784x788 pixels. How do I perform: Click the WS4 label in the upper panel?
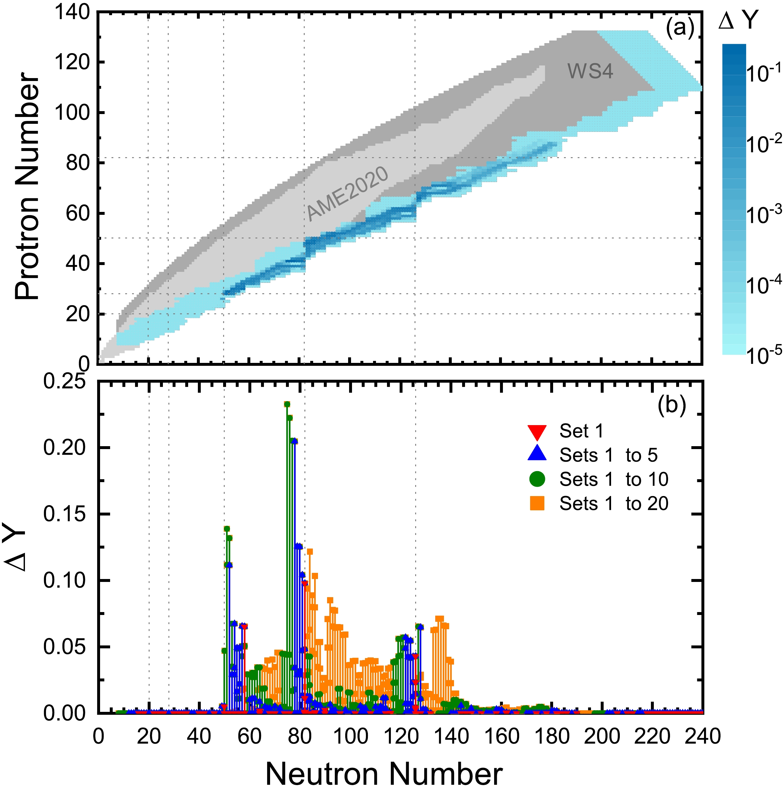pyautogui.click(x=590, y=72)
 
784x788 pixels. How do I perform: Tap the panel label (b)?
pyautogui.click(x=672, y=405)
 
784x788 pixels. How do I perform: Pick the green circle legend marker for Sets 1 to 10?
pyautogui.click(x=537, y=480)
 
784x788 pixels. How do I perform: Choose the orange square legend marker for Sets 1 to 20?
pyautogui.click(x=537, y=504)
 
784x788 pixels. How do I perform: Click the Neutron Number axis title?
pyautogui.click(x=384, y=773)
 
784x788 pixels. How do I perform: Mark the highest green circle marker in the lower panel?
pyautogui.click(x=287, y=404)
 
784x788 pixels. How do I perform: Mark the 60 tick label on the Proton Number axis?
pyautogui.click(x=77, y=213)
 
